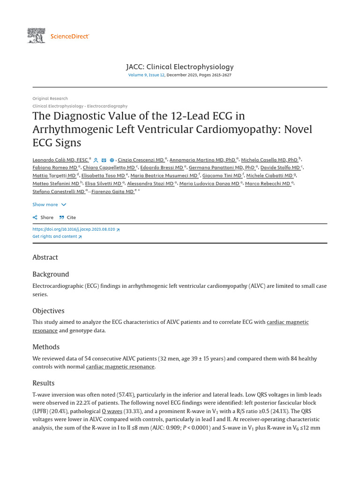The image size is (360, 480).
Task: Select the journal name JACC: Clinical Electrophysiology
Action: [180, 67]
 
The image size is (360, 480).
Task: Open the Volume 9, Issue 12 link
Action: [146, 75]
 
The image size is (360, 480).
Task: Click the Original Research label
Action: [50, 98]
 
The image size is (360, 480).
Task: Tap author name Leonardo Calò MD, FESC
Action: [60, 160]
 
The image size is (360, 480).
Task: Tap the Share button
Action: [43, 217]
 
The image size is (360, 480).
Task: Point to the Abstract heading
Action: [45, 257]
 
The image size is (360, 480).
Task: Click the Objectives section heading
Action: [48, 311]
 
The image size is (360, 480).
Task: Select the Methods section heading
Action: [46, 347]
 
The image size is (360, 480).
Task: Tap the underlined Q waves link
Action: [112, 411]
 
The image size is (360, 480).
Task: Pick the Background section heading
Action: [51, 274]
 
